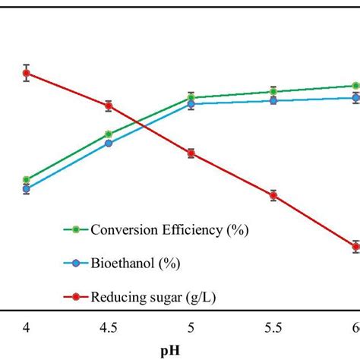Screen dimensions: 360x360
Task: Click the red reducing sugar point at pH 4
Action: coord(27,74)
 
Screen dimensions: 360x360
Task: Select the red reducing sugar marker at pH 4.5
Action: coord(109,106)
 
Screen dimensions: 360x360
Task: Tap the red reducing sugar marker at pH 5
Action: coord(191,153)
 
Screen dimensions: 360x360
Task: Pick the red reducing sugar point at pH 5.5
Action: coord(273,195)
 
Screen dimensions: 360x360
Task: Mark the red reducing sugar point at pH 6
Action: coord(355,245)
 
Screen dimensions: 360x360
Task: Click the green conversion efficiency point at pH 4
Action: coord(27,180)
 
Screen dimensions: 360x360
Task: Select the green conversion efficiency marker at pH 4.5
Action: coord(109,134)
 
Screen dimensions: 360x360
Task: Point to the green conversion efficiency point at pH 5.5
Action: coord(273,91)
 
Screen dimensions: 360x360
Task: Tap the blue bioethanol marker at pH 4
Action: coord(27,189)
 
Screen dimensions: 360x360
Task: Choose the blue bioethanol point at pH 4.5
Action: coord(109,143)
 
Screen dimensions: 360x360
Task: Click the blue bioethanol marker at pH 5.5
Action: coord(273,100)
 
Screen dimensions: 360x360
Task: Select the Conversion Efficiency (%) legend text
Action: coord(169,229)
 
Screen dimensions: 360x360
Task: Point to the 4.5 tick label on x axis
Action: coord(109,327)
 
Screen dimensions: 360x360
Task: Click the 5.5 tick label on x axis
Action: coord(273,327)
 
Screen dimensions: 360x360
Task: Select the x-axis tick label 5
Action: coord(191,327)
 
